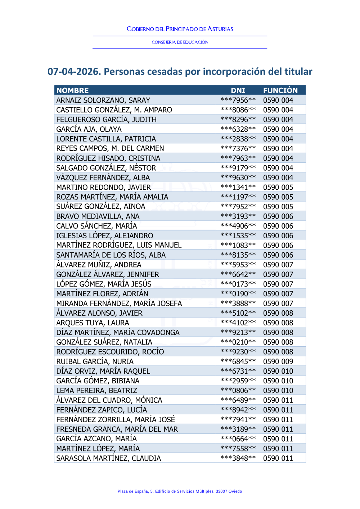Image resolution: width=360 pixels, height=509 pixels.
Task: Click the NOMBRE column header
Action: [x=72, y=90]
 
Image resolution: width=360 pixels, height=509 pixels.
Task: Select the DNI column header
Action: [x=238, y=90]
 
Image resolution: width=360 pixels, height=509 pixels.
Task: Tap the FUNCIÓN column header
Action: [x=280, y=90]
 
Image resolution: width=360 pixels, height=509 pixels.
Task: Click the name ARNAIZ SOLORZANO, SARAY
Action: [x=103, y=100]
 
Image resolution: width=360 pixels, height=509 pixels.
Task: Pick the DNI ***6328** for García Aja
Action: [x=238, y=129]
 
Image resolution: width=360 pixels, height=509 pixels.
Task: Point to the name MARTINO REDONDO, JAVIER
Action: [x=103, y=187]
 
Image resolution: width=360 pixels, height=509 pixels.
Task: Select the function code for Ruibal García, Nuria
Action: [x=278, y=361]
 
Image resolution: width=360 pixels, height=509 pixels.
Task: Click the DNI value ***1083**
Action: [x=238, y=245]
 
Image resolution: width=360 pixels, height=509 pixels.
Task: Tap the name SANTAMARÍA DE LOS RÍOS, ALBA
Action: [x=111, y=255]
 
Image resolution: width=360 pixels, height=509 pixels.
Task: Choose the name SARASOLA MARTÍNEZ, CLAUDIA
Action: [x=108, y=458]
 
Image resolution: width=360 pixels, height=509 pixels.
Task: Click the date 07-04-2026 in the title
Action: [x=73, y=72]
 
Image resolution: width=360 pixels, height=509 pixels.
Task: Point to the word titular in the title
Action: [x=298, y=72]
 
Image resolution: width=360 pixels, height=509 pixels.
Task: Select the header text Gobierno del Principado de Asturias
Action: [x=180, y=29]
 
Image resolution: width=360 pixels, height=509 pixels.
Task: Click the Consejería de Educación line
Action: [x=180, y=42]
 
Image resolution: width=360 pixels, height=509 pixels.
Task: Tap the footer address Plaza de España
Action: [x=180, y=491]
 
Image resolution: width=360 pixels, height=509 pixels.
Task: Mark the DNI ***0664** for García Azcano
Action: [x=238, y=439]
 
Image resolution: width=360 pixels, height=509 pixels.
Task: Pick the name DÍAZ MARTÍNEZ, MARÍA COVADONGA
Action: [x=118, y=332]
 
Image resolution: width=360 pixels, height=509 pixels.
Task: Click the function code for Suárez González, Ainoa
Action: [x=278, y=207]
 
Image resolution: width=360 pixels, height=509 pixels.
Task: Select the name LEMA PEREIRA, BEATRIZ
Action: [x=96, y=391]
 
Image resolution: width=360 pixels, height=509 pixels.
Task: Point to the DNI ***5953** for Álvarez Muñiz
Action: [x=238, y=265]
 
